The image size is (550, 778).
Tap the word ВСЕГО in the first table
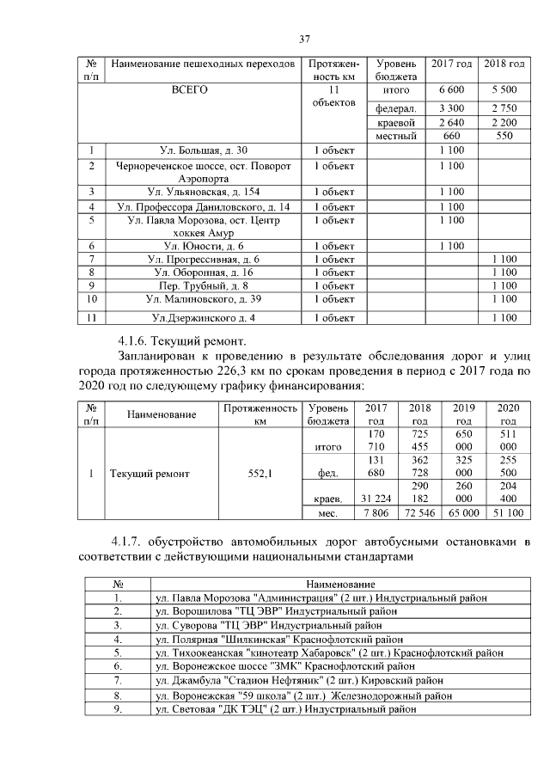tap(190, 89)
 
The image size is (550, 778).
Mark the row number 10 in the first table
tap(91, 299)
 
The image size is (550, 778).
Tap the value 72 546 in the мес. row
tap(420, 513)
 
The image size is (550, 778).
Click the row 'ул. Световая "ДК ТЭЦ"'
tap(284, 709)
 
